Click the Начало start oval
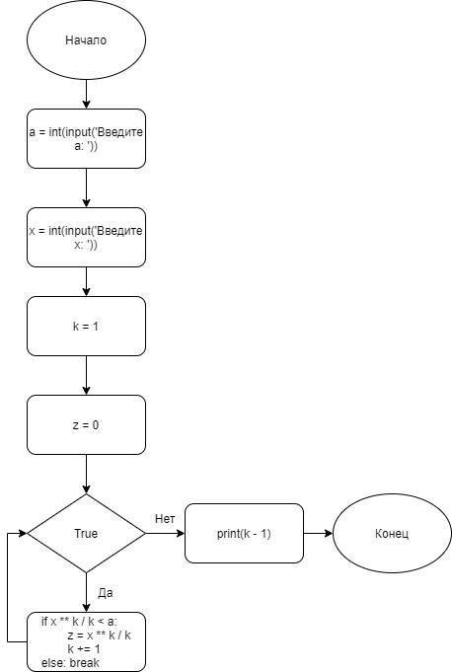coord(86,39)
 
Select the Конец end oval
coord(392,533)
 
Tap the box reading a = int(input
coord(86,138)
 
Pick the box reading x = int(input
coord(86,238)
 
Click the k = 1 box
coord(86,327)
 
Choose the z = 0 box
coord(86,424)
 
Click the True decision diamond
coord(86,533)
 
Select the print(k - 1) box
coord(244,533)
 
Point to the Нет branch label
coord(165,519)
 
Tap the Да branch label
coord(106,593)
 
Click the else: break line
coord(70,662)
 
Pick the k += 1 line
coord(84,649)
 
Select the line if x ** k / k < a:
coord(79,622)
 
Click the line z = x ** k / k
coord(99,635)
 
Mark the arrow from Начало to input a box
coord(86,94)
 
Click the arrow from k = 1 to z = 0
coord(86,375)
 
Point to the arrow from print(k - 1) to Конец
coord(319,533)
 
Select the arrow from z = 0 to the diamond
coord(86,475)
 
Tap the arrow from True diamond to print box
coord(166,533)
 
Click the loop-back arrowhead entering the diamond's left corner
coord(23,533)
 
